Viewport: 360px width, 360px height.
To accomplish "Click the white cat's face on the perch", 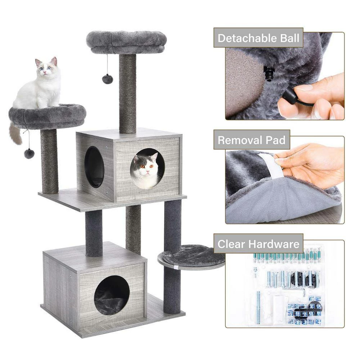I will click(x=45, y=68).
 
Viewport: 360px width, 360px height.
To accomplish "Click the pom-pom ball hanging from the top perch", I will click(x=107, y=79).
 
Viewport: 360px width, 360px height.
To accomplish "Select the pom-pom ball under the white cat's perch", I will click(x=29, y=153).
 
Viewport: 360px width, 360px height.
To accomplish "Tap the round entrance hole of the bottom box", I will click(x=112, y=295).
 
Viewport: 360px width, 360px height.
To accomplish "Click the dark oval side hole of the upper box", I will click(x=94, y=167).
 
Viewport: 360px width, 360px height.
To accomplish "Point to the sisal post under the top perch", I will click(x=127, y=94).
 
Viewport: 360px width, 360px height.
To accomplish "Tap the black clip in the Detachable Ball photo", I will click(x=269, y=73).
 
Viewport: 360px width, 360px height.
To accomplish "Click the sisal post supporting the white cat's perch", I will click(x=49, y=160).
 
